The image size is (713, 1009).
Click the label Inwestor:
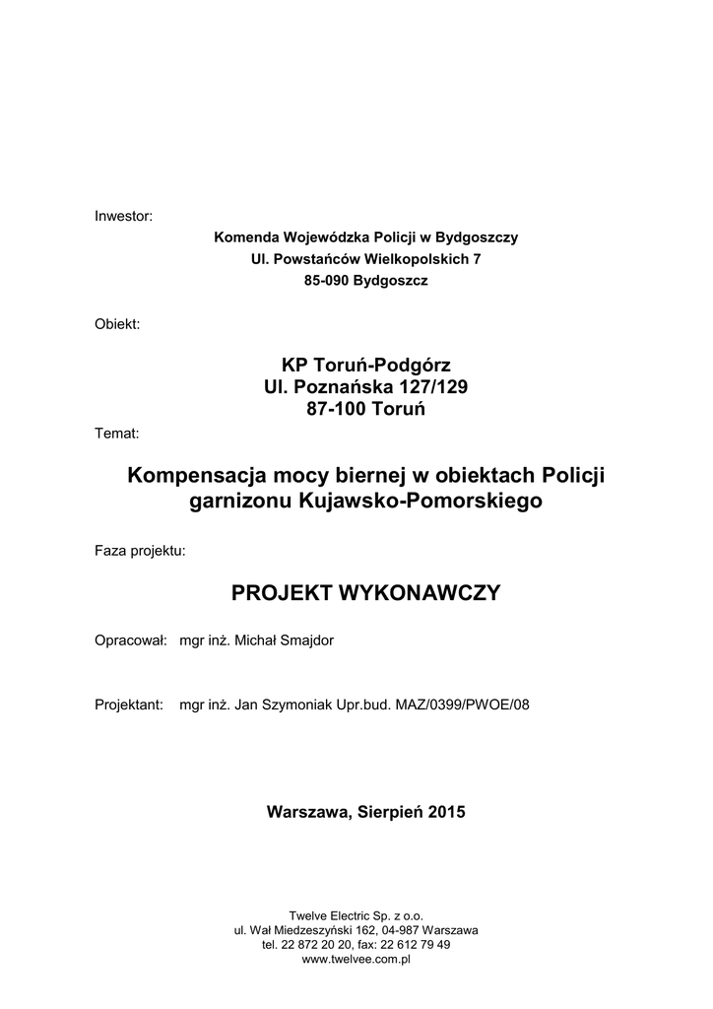pyautogui.click(x=123, y=216)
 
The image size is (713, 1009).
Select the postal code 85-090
pyautogui.click(x=327, y=281)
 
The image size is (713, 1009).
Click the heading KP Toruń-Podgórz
pyautogui.click(x=366, y=366)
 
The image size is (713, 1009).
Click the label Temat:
pyautogui.click(x=116, y=432)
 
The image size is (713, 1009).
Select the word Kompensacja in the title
pyautogui.click(x=190, y=477)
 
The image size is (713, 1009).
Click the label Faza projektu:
pyautogui.click(x=139, y=550)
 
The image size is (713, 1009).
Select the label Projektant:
pyautogui.click(x=128, y=705)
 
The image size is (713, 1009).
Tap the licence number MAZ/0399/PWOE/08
pyautogui.click(x=465, y=705)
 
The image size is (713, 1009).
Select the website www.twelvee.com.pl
pyautogui.click(x=356, y=959)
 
